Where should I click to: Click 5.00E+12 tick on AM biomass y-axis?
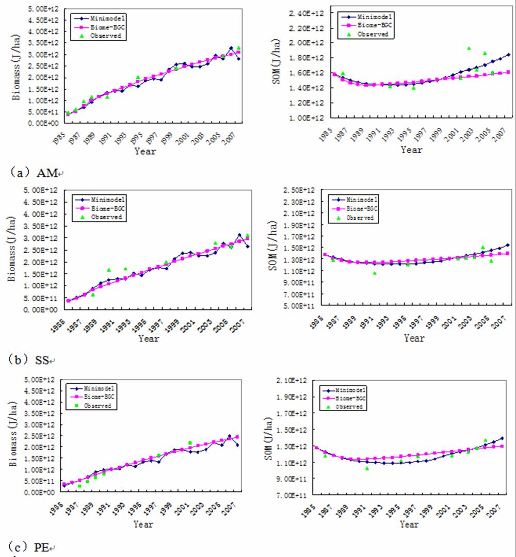(x=45, y=9)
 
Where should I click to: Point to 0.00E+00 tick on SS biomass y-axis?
(x=45, y=309)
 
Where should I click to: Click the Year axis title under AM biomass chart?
(x=145, y=151)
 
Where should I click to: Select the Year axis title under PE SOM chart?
(x=409, y=525)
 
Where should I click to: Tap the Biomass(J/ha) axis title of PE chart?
(x=12, y=437)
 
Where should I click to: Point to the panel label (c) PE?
(x=36, y=547)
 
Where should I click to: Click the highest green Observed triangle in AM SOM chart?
(x=469, y=48)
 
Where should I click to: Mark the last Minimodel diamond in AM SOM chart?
(x=508, y=55)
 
